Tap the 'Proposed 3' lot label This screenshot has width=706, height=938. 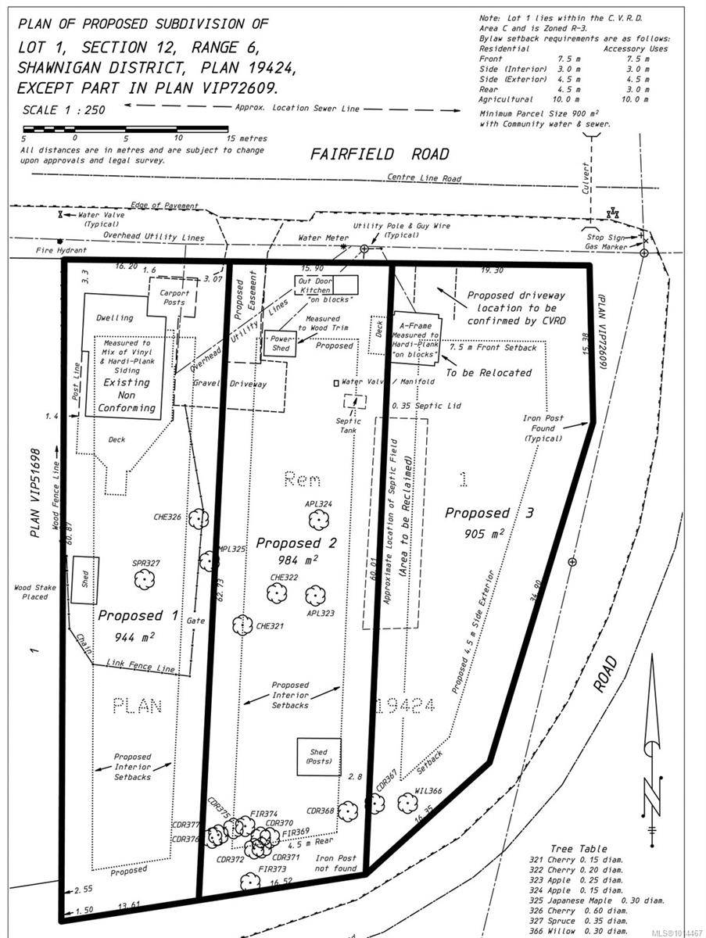[489, 514]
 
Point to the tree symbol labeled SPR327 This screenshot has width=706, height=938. [143, 579]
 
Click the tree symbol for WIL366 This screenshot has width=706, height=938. [407, 803]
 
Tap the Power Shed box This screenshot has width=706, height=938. [279, 343]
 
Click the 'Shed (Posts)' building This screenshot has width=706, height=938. [319, 757]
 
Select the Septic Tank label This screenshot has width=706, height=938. [349, 425]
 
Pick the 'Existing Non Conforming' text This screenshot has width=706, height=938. [130, 395]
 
